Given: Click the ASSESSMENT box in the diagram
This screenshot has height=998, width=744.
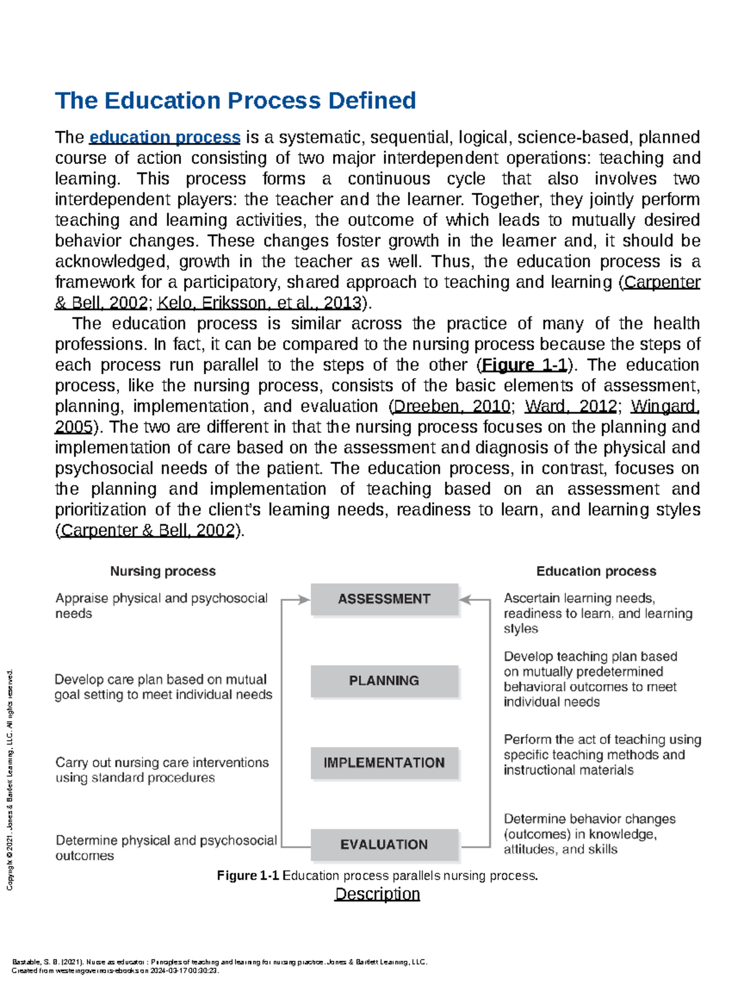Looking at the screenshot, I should (x=384, y=599).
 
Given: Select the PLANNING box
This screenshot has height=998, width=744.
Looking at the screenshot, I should (x=384, y=681).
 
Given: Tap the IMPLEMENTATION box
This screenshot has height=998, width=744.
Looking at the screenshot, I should (x=384, y=763).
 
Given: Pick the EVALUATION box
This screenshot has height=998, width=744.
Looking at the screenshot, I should (x=384, y=845).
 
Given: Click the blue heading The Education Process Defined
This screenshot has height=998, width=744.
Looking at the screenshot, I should (x=235, y=101).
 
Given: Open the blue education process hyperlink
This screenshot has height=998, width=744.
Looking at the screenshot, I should (x=165, y=137).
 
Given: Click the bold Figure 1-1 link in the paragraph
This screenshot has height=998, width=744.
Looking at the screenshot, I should (x=525, y=365).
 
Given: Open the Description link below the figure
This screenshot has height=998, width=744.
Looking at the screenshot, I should (x=377, y=894).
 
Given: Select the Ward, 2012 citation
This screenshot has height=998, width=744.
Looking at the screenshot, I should (x=570, y=407).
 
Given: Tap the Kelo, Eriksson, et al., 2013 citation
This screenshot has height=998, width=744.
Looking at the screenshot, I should (x=259, y=303).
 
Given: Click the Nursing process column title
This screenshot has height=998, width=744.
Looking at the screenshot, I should (x=162, y=571).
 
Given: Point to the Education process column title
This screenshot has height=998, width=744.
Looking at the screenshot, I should (x=596, y=571).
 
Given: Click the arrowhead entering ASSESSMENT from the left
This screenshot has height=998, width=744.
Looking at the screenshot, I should (x=303, y=600).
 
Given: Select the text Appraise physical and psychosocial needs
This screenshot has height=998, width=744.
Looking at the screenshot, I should (x=161, y=605).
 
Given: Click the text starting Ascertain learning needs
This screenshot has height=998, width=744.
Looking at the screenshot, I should (x=598, y=613).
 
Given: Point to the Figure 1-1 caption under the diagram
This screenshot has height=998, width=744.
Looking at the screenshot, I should (x=377, y=876).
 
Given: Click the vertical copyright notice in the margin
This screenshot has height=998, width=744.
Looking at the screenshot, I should (x=9, y=779).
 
